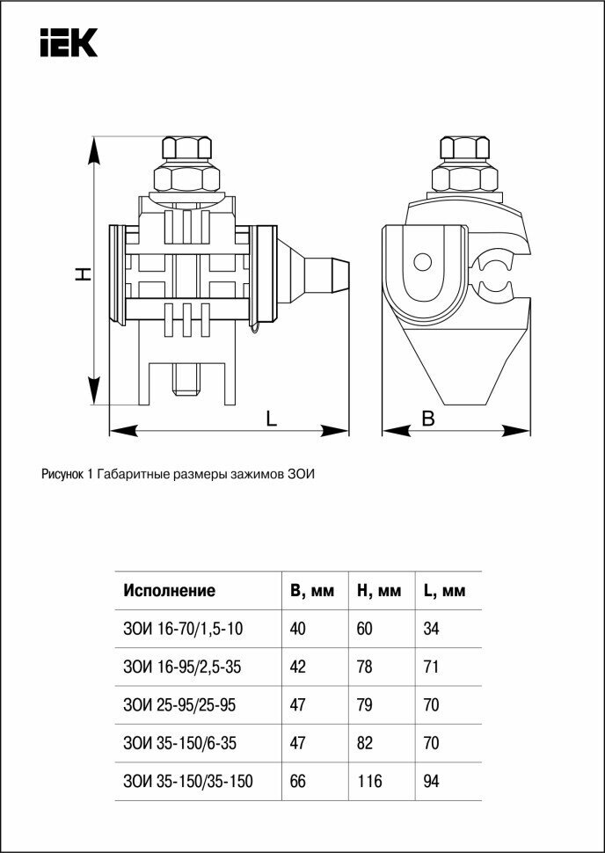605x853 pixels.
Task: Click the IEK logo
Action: tap(68, 42)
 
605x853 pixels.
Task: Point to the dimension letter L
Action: tap(272, 419)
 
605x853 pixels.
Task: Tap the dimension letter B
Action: tap(428, 419)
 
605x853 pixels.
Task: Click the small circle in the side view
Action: tap(423, 262)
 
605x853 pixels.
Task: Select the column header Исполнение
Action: tap(169, 591)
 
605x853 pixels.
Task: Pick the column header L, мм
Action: tap(444, 591)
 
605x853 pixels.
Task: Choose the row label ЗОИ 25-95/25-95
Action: tap(179, 705)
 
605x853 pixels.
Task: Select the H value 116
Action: tap(369, 781)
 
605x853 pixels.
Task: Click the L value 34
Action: tap(431, 629)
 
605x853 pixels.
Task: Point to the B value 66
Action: tap(297, 781)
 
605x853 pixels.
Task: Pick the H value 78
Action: tap(364, 667)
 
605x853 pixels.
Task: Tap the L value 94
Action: tap(431, 781)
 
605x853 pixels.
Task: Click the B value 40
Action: tap(297, 629)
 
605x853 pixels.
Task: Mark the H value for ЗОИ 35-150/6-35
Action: tap(364, 743)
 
